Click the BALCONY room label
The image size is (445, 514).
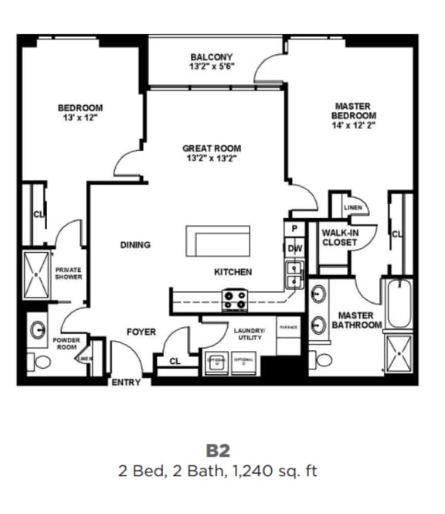[x=211, y=57]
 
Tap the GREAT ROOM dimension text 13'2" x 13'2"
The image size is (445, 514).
[x=211, y=158]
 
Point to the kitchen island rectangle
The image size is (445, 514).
[x=218, y=241]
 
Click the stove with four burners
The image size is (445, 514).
[x=234, y=298]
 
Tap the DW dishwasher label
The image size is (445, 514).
[x=294, y=249]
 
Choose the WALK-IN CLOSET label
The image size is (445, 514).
[x=339, y=237]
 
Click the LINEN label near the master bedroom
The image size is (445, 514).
[x=353, y=208]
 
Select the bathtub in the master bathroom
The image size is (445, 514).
[x=399, y=305]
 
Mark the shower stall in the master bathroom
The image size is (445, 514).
[x=399, y=356]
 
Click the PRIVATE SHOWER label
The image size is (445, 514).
[x=68, y=273]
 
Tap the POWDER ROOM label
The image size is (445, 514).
[x=66, y=344]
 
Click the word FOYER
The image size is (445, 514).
[x=141, y=332]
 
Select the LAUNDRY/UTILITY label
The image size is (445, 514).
[x=249, y=334]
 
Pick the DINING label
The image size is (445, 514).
[x=135, y=245]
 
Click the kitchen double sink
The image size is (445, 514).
[x=294, y=274]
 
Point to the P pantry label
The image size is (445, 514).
[x=294, y=230]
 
